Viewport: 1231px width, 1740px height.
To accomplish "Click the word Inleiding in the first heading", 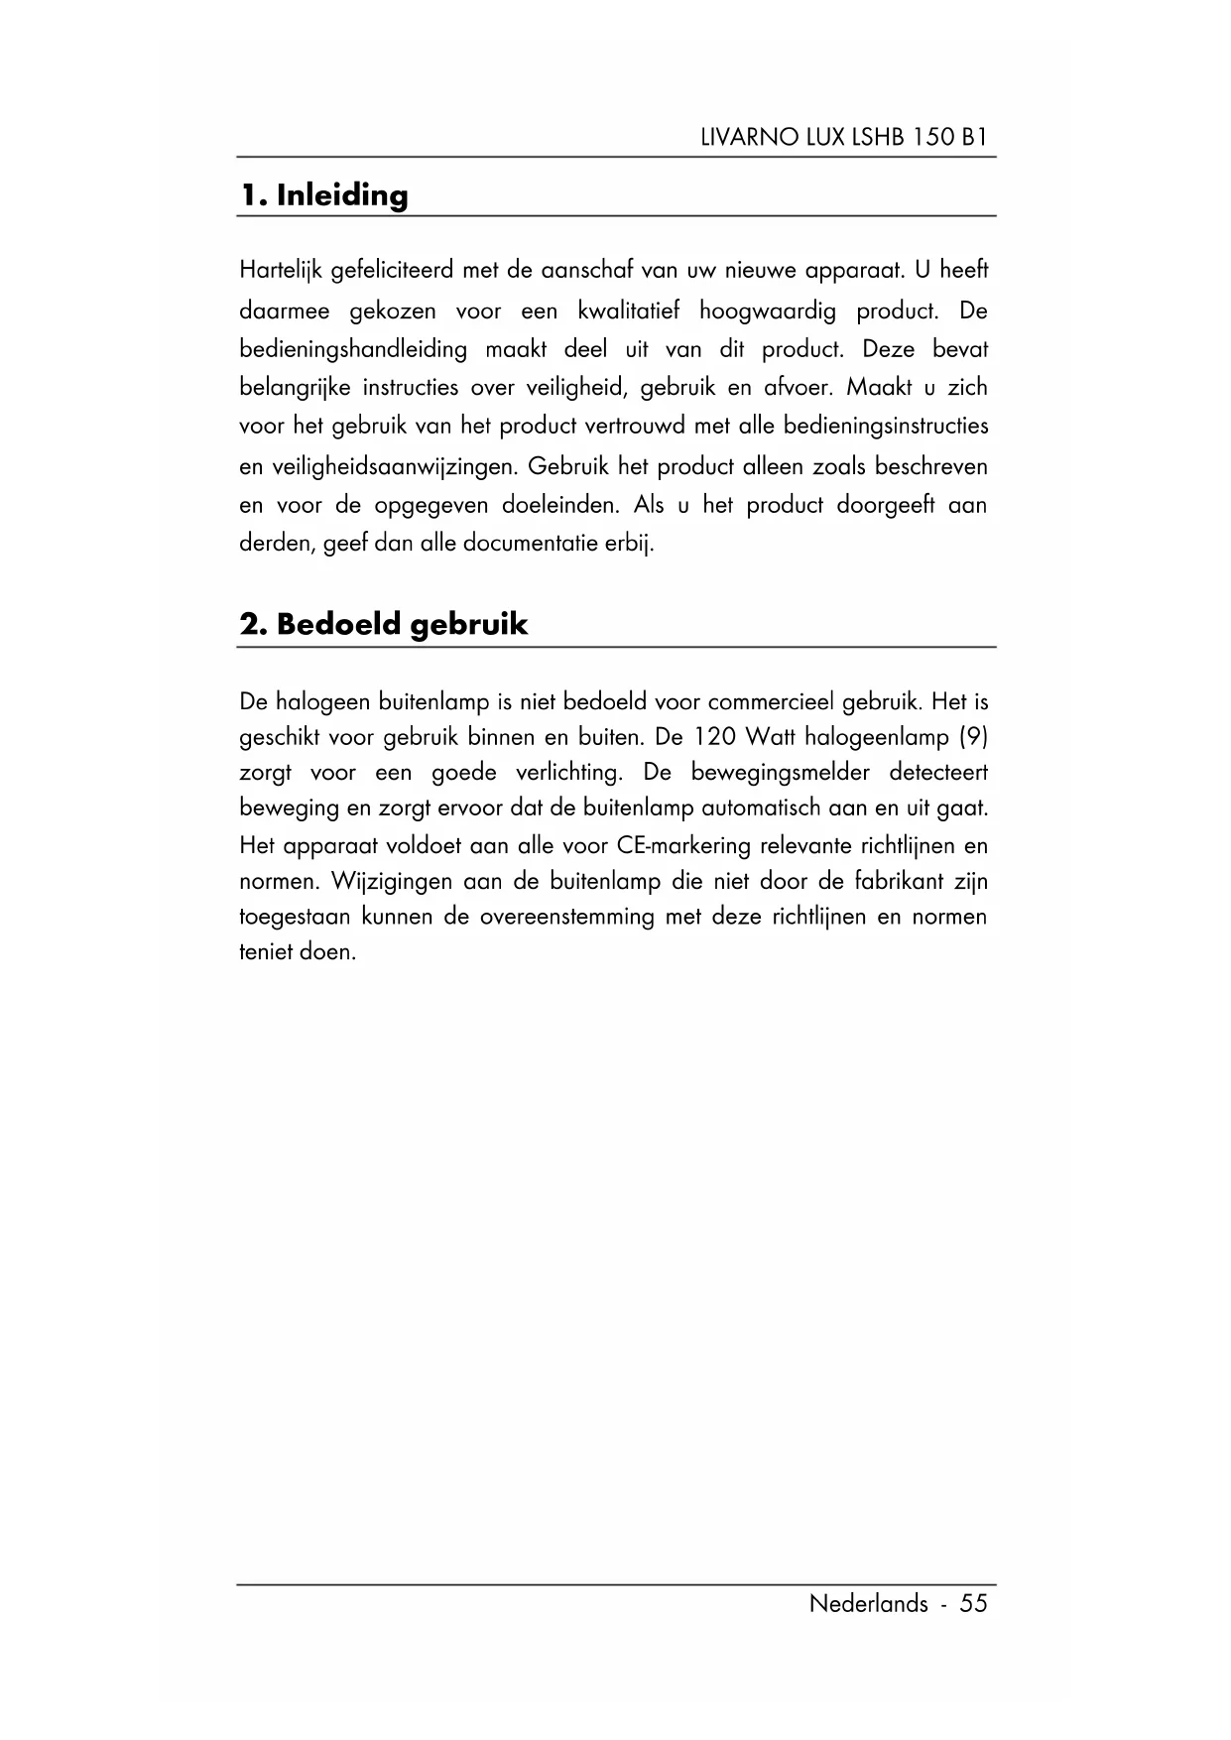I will tap(342, 195).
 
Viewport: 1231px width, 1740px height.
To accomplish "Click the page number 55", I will tap(973, 1604).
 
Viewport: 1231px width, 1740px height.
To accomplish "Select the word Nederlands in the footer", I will tap(868, 1604).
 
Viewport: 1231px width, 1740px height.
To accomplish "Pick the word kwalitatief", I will tap(628, 311).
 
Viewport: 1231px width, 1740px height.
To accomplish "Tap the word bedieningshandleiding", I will tap(353, 350).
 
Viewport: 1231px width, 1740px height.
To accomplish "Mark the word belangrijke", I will tap(295, 388).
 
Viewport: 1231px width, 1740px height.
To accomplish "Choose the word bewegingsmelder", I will tap(780, 773).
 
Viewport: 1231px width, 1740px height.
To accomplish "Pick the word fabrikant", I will tap(892, 881).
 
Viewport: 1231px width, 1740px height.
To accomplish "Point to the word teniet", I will tap(266, 952).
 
